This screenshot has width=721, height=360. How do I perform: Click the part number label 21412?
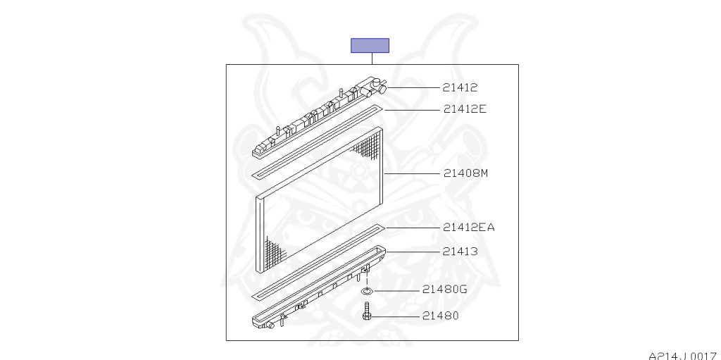tap(460, 87)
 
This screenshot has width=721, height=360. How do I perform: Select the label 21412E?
tap(465, 109)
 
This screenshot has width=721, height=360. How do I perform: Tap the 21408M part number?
tap(466, 173)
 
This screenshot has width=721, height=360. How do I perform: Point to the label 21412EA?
tap(468, 228)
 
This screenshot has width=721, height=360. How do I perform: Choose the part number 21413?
tap(460, 252)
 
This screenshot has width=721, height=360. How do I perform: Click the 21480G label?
tap(445, 290)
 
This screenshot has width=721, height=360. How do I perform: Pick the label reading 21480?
tap(441, 316)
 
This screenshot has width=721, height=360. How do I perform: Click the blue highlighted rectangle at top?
tap(370, 46)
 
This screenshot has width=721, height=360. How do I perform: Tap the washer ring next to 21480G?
tap(367, 291)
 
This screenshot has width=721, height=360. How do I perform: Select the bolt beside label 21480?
tap(366, 311)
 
